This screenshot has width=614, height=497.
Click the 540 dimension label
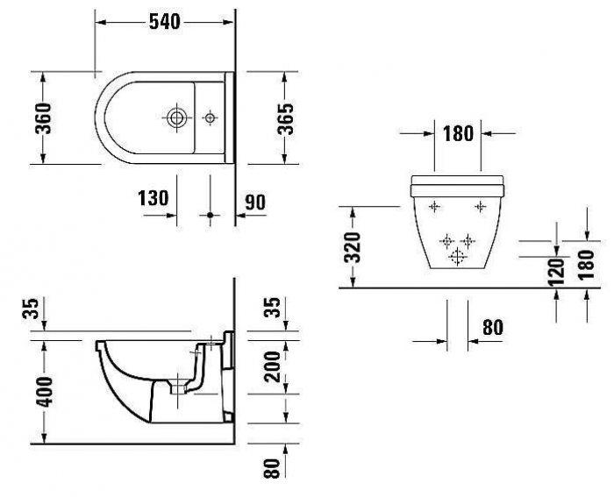163,22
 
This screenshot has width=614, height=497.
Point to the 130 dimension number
153,199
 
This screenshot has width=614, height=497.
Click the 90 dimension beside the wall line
254,202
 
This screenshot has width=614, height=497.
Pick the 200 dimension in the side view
272,366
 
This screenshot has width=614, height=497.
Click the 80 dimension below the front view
492,327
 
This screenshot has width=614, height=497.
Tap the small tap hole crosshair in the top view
210,116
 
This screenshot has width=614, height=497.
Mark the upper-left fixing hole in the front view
433,206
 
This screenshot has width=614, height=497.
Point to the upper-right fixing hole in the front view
479,206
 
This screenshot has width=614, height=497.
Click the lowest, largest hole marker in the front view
456,256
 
